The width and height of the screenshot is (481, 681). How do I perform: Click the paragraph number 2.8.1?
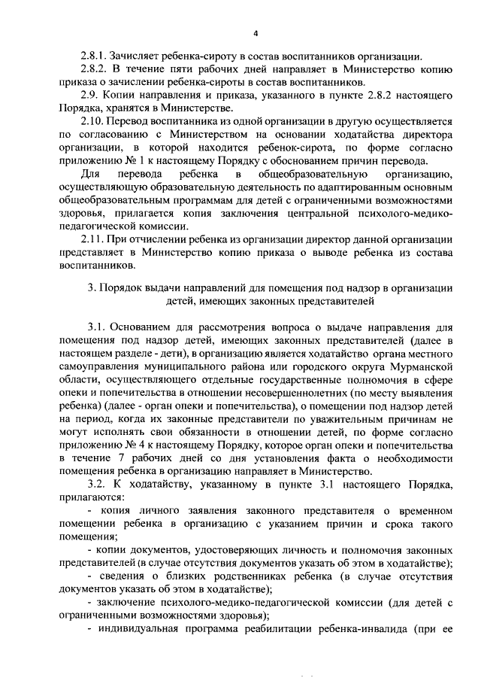coord(94,56)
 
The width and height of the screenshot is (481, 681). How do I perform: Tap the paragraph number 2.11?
coord(93,239)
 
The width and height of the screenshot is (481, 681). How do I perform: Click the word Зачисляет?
coord(138,56)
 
